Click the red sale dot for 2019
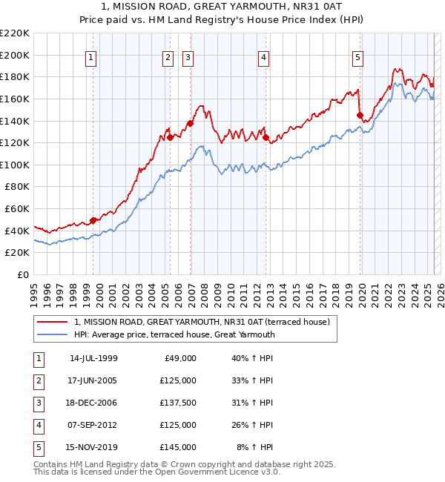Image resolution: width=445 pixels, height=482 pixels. tap(360, 115)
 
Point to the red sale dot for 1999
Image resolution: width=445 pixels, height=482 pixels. tap(93, 220)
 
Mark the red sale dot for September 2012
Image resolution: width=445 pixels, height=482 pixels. tap(266, 137)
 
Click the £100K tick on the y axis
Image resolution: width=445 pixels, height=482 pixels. tap(16, 165)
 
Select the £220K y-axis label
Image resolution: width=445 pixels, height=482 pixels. tap(16, 33)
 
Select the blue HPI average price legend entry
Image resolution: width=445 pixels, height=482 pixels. tap(174, 334)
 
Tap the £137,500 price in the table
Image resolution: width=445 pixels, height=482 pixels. tap(178, 403)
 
